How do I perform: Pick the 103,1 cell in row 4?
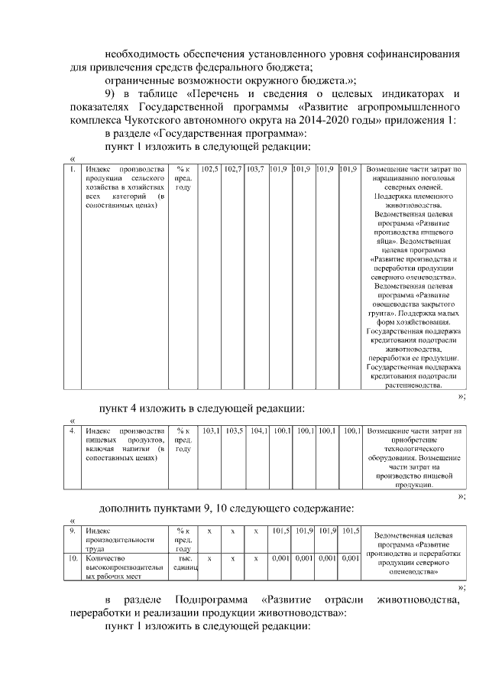(210, 431)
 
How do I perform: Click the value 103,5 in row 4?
(235, 431)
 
